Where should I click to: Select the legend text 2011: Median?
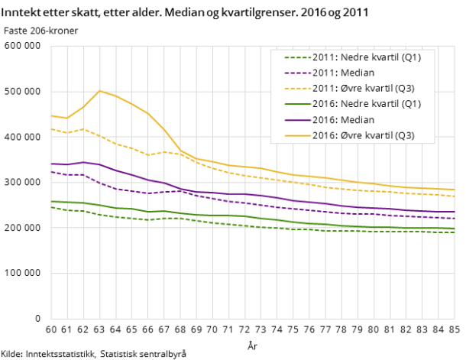pos(343,73)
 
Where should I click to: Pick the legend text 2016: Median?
pos(343,120)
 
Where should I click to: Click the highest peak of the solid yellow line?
pos(99,91)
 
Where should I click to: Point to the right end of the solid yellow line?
pos(455,190)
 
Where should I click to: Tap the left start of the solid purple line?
pos(50,164)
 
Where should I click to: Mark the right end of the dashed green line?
pos(455,232)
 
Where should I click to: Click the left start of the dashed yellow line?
pos(50,129)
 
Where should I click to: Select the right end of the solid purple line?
pos(455,212)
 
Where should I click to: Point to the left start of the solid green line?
pos(50,201)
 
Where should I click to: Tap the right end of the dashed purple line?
pos(455,219)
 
